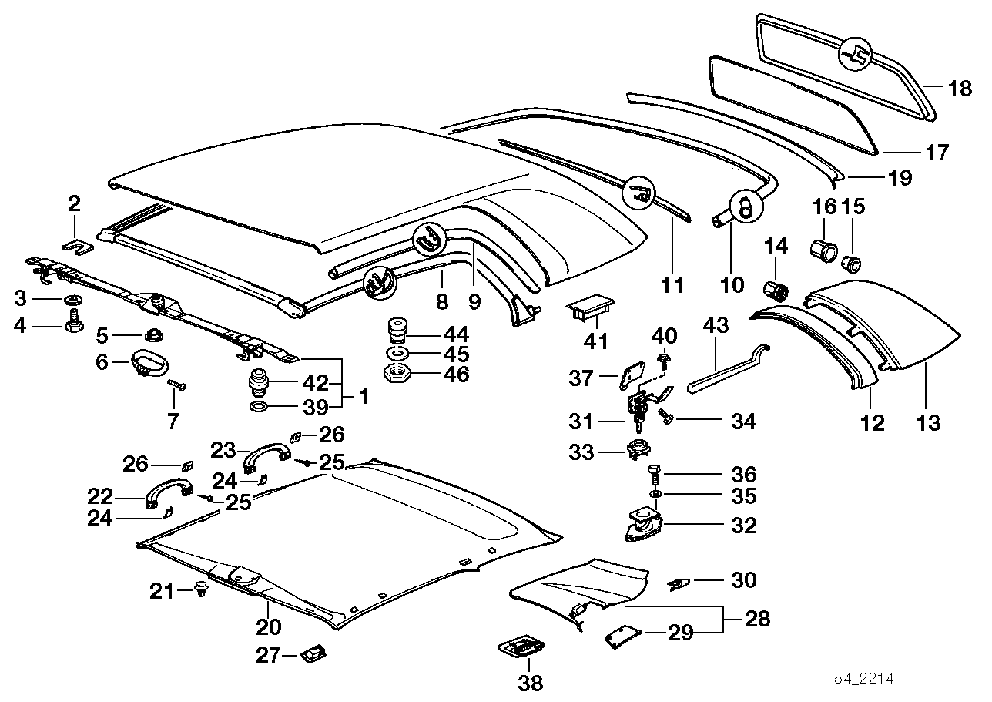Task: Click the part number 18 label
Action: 960,89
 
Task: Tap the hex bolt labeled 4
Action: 74,324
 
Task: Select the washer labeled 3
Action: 72,299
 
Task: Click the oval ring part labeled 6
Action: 146,362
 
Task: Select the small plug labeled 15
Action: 852,263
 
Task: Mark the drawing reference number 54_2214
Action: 865,678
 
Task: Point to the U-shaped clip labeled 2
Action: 75,245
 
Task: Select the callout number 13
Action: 928,422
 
